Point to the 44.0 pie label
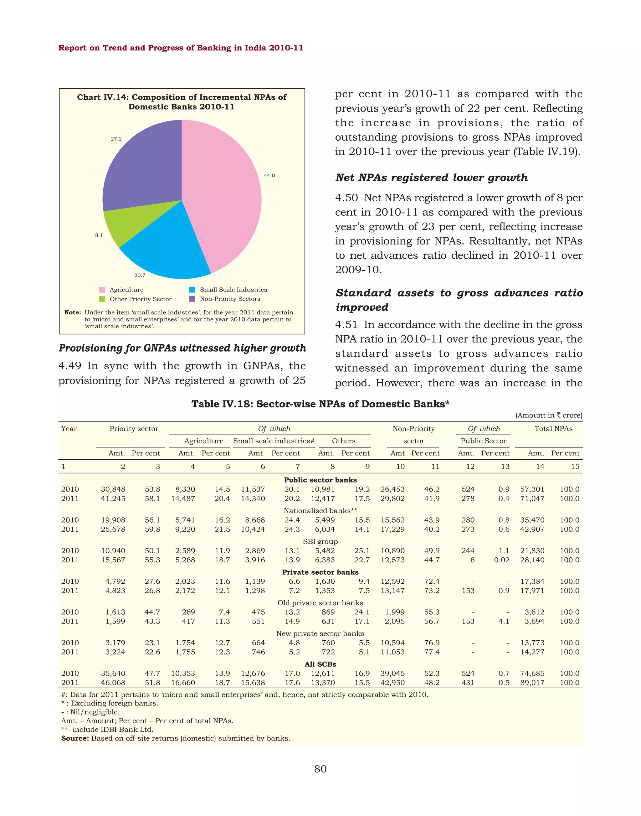coord(269,175)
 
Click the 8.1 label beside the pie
coord(99,235)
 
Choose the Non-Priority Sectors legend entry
coord(230,299)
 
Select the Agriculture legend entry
coord(126,290)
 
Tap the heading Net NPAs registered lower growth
coord(431,178)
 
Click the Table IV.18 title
coord(320,404)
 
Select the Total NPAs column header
coord(553,429)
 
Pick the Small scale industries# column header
coord(274,441)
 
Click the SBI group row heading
coord(320,541)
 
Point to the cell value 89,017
coord(532,683)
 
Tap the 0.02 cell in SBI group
coord(501,560)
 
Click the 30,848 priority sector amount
coord(113,489)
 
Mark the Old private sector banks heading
coord(320,603)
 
